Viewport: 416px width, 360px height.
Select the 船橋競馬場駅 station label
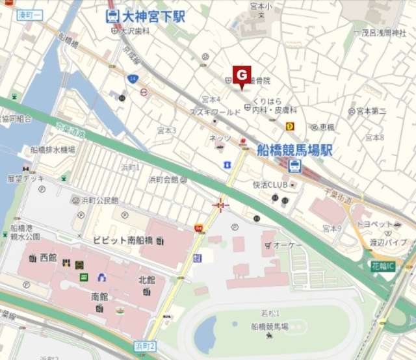(x=294, y=150)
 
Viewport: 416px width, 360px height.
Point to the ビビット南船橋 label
(x=123, y=240)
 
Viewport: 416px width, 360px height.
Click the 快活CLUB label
(x=270, y=184)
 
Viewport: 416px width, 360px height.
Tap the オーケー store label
(x=287, y=244)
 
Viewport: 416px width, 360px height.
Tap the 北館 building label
(x=147, y=280)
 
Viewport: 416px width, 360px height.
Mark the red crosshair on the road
(x=221, y=206)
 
